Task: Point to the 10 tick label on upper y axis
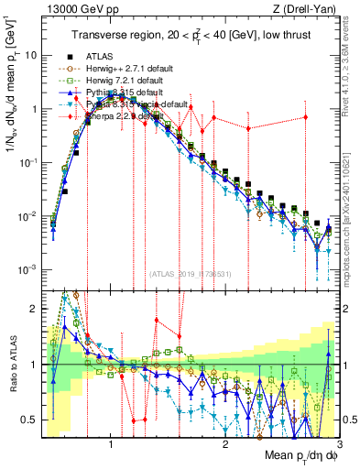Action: point(30,55)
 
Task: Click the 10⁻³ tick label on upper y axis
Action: point(27,269)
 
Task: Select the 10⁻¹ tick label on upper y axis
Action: point(27,162)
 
